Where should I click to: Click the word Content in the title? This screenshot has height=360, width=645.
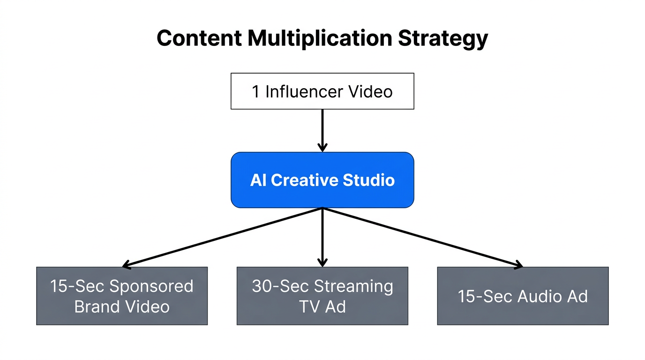[199, 38]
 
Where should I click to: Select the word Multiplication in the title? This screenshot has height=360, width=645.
[319, 38]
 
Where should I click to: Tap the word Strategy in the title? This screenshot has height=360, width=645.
[443, 38]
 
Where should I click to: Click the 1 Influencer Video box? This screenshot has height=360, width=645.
[322, 91]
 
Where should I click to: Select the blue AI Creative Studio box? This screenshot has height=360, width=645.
[322, 180]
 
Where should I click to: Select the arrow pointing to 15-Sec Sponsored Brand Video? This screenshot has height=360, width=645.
[220, 238]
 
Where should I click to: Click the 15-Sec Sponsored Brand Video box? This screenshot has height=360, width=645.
[122, 296]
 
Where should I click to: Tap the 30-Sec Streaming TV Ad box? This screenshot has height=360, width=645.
[322, 296]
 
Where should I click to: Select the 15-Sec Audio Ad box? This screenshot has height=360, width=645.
[523, 296]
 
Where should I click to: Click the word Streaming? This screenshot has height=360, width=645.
[353, 286]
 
